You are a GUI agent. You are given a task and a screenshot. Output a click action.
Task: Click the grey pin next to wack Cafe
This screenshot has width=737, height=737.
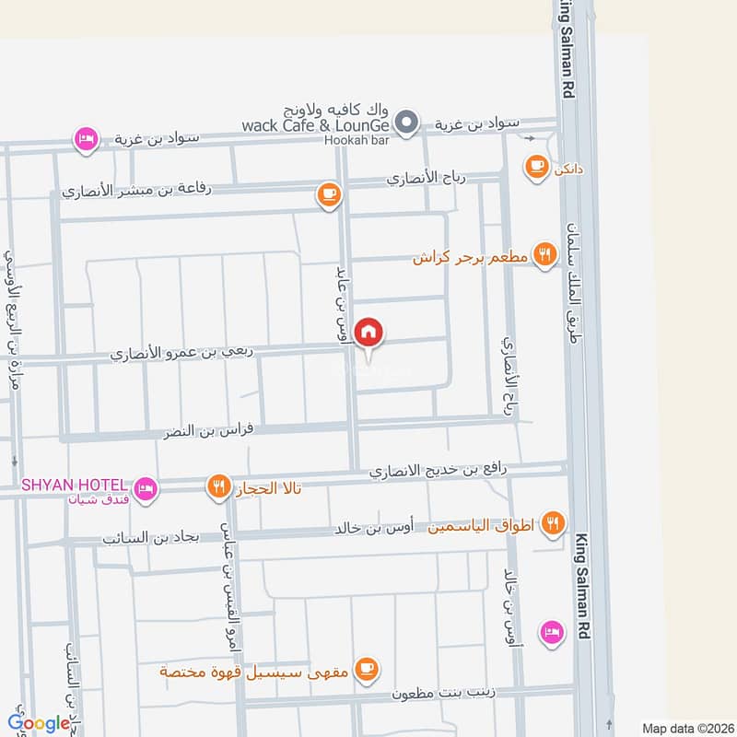pyautogui.click(x=406, y=122)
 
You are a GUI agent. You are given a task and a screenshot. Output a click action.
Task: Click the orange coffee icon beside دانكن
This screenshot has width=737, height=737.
pyautogui.click(x=535, y=166)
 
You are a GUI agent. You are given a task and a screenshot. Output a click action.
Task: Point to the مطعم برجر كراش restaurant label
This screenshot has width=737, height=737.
pyautogui.click(x=470, y=258)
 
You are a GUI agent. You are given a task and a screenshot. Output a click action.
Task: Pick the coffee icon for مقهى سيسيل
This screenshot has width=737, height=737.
pyautogui.click(x=367, y=668)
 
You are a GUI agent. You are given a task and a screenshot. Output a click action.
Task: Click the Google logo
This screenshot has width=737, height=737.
pyautogui.click(x=39, y=723)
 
